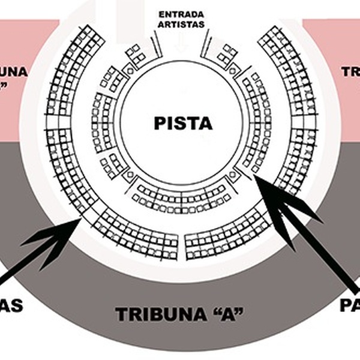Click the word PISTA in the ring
[183, 124]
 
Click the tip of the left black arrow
[82, 220]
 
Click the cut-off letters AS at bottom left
[11, 306]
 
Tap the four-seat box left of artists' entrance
[137, 55]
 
